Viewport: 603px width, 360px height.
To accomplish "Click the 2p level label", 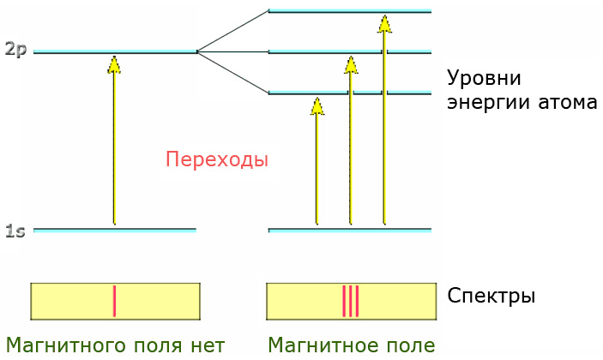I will click(15, 50).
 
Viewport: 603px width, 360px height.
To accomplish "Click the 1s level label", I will click(15, 231).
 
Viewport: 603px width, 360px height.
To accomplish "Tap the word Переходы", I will click(217, 159).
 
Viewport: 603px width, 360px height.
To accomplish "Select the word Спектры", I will click(491, 297).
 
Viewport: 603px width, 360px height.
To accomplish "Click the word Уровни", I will click(484, 79).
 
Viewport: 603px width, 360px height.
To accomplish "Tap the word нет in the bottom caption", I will click(206, 345).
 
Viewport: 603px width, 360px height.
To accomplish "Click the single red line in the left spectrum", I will click(114, 301).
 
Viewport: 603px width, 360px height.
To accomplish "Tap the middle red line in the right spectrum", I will click(350, 301).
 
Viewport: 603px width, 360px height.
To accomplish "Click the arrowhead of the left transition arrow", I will click(114, 63).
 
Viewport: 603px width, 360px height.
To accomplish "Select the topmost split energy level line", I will click(350, 11).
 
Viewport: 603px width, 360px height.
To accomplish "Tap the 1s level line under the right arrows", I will click(350, 230).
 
